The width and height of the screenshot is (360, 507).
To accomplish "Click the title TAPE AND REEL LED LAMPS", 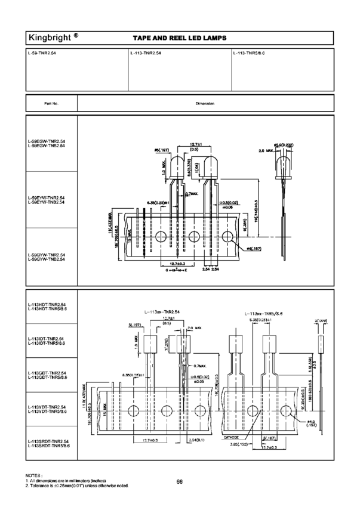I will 179,39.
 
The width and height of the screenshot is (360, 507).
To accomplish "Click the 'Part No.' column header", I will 51,103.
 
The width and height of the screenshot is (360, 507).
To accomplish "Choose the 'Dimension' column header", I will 205,103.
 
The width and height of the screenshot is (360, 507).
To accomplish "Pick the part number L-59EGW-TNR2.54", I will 46,141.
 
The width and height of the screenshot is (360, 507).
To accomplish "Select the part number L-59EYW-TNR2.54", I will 46,198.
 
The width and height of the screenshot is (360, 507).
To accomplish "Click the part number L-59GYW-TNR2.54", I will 46,255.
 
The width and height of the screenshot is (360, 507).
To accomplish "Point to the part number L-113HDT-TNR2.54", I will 47,305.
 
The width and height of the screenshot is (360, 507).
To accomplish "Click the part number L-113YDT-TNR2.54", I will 47,407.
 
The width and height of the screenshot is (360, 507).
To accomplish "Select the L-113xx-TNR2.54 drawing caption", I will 161,312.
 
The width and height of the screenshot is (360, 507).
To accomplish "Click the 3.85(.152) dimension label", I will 239,444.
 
